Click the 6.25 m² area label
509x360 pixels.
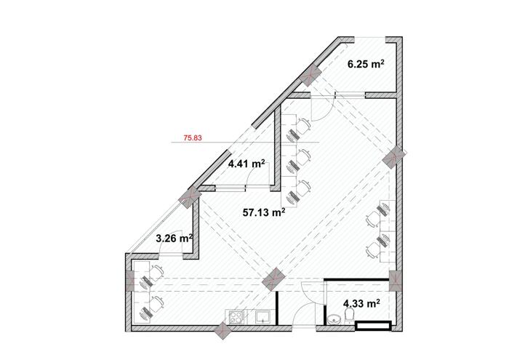366,64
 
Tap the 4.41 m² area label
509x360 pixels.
247,164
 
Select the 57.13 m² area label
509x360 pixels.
264,212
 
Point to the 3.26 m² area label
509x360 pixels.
175,239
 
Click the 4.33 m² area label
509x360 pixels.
362,304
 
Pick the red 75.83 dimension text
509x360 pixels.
193,138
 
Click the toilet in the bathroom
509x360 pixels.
349,316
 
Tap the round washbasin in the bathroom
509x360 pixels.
333,319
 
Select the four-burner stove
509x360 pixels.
236,317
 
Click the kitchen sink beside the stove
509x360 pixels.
263,317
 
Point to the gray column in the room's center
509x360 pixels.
273,279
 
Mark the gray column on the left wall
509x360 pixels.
129,280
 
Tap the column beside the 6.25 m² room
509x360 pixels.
310,76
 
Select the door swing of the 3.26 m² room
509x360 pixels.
170,242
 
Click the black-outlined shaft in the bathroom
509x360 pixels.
373,326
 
